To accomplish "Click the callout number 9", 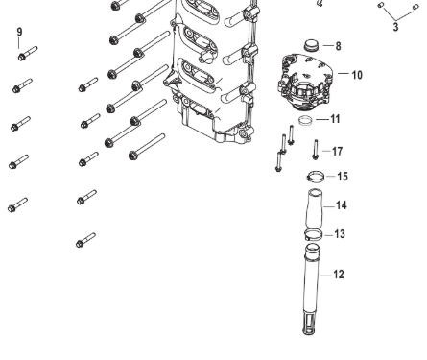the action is pyautogui.click(x=19, y=32).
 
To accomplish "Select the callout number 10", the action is pyautogui.click(x=357, y=75).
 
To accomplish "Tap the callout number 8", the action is pyautogui.click(x=338, y=46).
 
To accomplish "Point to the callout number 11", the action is pyautogui.click(x=335, y=119).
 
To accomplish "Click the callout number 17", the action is pyautogui.click(x=337, y=151).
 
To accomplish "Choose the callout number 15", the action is pyautogui.click(x=343, y=177).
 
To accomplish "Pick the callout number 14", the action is pyautogui.click(x=342, y=205).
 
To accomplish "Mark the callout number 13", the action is pyautogui.click(x=340, y=234).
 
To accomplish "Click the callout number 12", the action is pyautogui.click(x=339, y=275).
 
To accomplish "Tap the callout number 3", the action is pyautogui.click(x=395, y=27).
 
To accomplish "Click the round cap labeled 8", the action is pyautogui.click(x=311, y=45).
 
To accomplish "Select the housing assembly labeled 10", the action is pyautogui.click(x=305, y=82).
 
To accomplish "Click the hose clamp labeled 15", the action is pyautogui.click(x=316, y=177).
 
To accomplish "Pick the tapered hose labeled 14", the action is pyautogui.click(x=315, y=208).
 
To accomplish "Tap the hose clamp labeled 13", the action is pyautogui.click(x=314, y=234).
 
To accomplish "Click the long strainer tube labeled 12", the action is pyautogui.click(x=311, y=288).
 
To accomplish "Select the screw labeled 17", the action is pyautogui.click(x=316, y=150).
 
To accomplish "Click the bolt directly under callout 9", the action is pyautogui.click(x=28, y=54).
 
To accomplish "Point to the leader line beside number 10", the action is pyautogui.click(x=343, y=73).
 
